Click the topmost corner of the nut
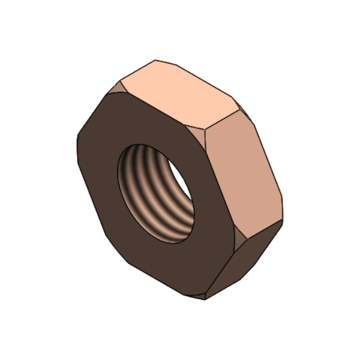point(155,60)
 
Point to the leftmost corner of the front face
point(77,144)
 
